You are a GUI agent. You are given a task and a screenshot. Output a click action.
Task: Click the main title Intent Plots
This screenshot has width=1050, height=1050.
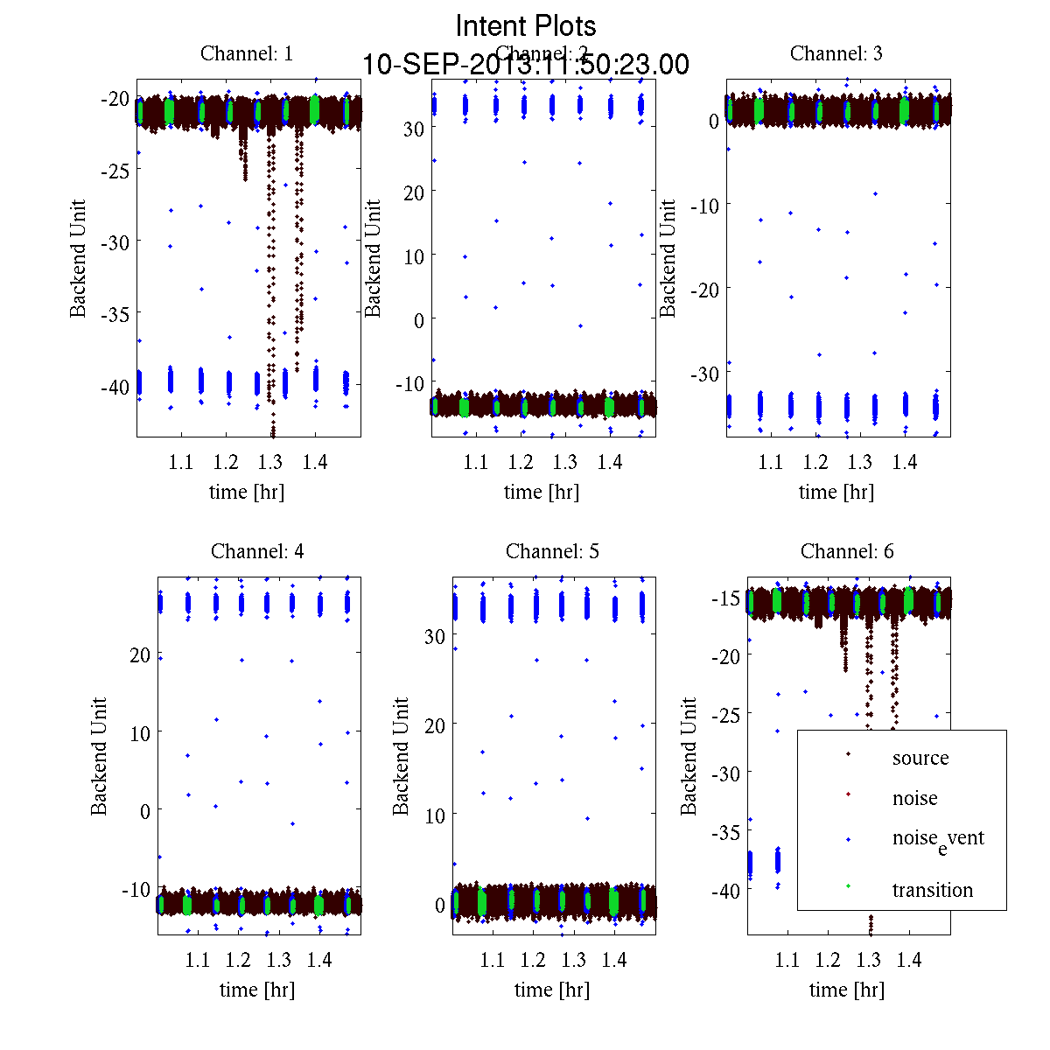point(526,25)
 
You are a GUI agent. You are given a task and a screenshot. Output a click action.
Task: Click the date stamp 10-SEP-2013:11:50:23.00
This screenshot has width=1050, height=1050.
point(526,65)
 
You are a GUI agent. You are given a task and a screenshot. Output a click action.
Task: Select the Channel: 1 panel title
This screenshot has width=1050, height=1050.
point(247,53)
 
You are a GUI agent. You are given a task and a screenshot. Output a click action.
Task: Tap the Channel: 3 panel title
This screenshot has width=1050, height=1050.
point(836,53)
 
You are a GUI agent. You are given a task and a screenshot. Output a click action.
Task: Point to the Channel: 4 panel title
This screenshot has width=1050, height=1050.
point(257,551)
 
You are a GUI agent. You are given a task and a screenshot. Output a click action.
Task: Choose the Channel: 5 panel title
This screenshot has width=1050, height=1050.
point(552,551)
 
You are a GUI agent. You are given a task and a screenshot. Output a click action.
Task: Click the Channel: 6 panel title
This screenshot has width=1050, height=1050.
point(847,551)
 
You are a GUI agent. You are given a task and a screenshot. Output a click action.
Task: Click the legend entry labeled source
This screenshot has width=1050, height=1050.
point(920,758)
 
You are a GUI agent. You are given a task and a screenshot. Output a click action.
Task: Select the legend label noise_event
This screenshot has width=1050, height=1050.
point(937,838)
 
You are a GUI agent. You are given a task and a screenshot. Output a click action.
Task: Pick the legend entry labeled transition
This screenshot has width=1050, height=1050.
point(932,890)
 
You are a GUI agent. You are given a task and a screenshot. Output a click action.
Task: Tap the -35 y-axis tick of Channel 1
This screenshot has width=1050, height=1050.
point(115,313)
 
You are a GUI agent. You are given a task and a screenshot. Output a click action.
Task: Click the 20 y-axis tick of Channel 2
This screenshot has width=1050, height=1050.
point(413,192)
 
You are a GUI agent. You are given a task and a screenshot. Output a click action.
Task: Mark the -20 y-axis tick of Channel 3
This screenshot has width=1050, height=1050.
point(704,289)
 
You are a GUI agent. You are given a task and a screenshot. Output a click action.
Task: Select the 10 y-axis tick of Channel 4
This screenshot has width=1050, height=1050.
point(140,732)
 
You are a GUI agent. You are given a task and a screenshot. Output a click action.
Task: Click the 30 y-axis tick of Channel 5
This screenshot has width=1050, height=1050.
point(435,636)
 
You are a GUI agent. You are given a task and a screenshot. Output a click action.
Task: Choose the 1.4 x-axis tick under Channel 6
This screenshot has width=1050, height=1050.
point(909,960)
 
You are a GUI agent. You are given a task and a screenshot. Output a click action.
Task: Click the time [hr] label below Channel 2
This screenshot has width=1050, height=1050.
point(542,492)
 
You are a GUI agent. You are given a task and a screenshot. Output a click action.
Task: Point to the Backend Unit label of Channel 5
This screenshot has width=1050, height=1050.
point(401,756)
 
